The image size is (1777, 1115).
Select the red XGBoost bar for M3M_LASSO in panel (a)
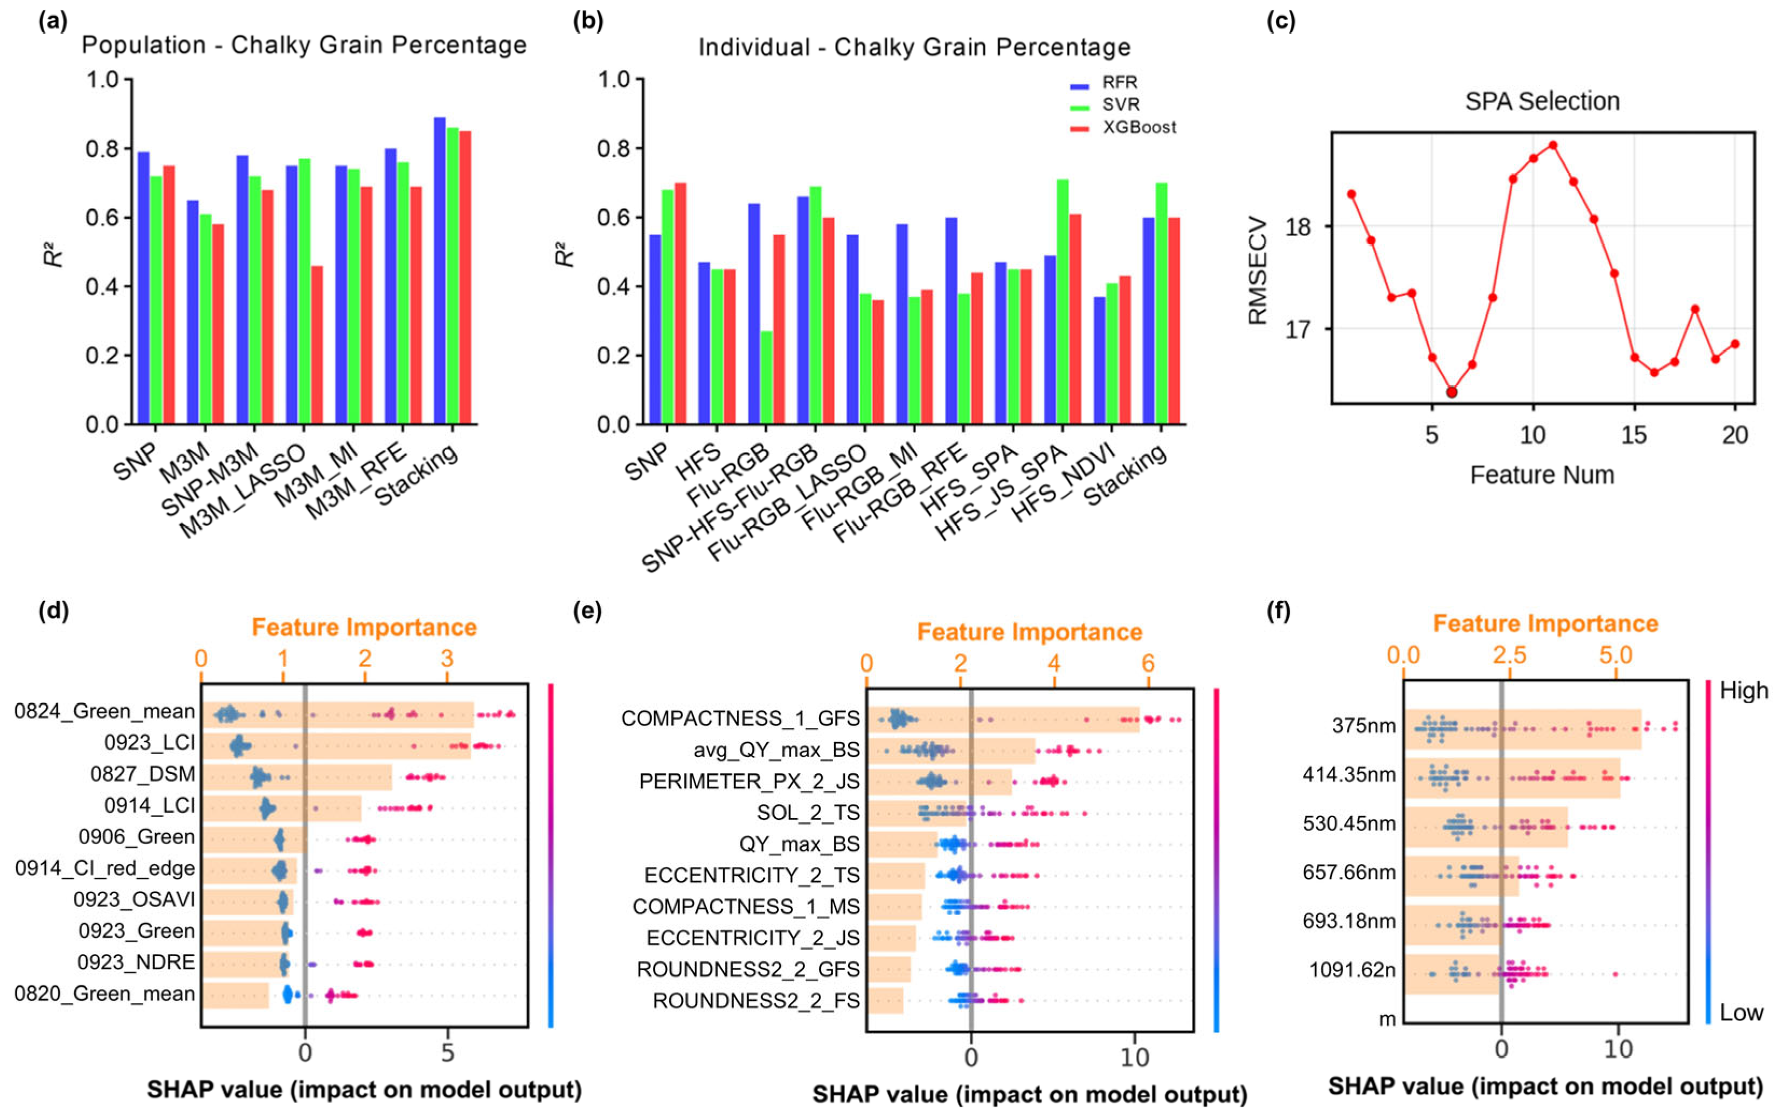[316, 344]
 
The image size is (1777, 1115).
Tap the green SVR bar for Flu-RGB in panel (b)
[767, 378]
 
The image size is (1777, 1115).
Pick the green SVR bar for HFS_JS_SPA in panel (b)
[1063, 302]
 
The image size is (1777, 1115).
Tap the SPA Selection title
[1542, 101]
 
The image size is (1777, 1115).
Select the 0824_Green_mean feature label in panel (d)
[105, 711]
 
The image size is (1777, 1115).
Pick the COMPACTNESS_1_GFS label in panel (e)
[740, 718]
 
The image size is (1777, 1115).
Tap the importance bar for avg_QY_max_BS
[951, 750]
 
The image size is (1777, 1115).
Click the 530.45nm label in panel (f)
[1349, 823]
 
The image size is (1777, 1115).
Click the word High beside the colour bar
[1744, 691]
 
